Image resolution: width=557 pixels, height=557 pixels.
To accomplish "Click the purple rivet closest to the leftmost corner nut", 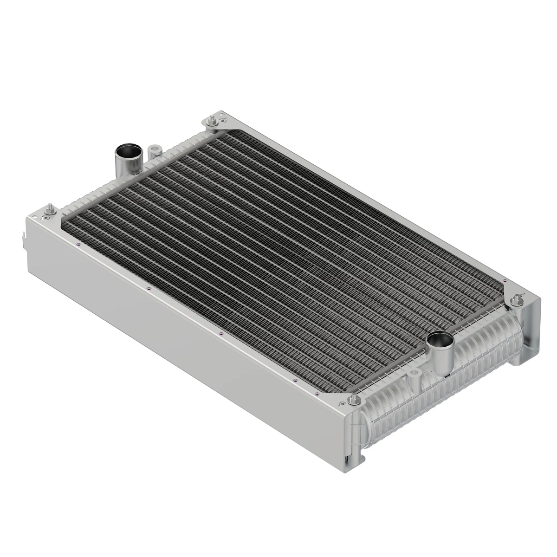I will (x=79, y=245).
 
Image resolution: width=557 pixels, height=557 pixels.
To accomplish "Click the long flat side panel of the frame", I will (x=186, y=334).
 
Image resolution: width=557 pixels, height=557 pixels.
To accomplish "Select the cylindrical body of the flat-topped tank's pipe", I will (x=125, y=165).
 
